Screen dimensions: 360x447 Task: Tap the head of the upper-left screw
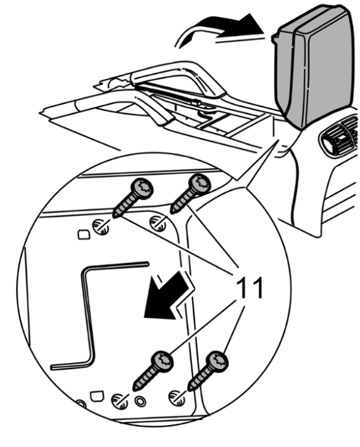pos(142,188)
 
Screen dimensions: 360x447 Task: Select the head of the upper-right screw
pos(200,184)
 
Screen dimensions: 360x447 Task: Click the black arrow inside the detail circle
pos(167,296)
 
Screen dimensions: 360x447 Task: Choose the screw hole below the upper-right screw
pos(158,223)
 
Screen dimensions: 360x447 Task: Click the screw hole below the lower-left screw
pos(120,401)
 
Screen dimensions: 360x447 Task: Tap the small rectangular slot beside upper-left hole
pos(84,235)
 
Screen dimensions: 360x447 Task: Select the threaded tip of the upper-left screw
pos(117,214)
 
